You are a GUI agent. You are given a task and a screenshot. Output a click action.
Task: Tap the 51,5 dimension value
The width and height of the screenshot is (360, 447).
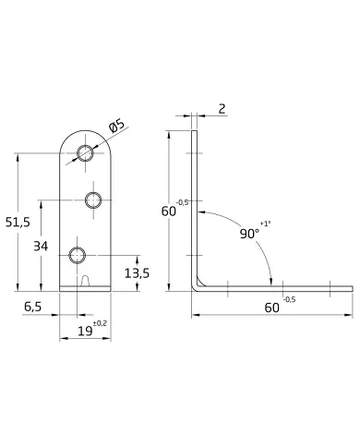pyautogui.click(x=18, y=222)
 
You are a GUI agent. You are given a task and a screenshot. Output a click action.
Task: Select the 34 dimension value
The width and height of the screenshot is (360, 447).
pyautogui.click(x=41, y=247)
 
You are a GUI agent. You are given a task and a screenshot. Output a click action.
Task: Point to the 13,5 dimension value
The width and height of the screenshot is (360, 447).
pyautogui.click(x=137, y=273)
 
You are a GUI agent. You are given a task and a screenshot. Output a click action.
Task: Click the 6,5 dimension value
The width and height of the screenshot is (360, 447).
pyautogui.click(x=32, y=307)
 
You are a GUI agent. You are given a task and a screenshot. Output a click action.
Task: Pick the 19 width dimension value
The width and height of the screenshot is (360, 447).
pyautogui.click(x=85, y=332)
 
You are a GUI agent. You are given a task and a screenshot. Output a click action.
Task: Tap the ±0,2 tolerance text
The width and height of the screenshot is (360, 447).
pyautogui.click(x=100, y=323)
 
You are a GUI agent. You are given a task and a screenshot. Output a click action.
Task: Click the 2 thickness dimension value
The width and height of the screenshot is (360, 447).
pyautogui.click(x=222, y=109)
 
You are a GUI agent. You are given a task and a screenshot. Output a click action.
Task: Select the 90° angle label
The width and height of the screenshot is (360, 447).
pyautogui.click(x=249, y=234)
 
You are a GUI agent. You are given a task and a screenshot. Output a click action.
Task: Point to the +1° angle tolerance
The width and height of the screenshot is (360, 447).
pyautogui.click(x=265, y=223)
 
